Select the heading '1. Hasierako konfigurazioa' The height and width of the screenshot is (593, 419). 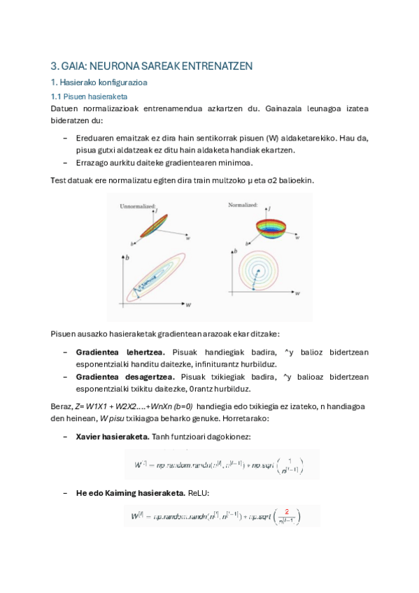pos(98,83)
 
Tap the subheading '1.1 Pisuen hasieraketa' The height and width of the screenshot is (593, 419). pos(88,97)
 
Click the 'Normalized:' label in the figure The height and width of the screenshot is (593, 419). pos(243,205)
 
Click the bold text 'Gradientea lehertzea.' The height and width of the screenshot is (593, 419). pos(120,352)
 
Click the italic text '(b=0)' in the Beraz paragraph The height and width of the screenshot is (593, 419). pos(178,406)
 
